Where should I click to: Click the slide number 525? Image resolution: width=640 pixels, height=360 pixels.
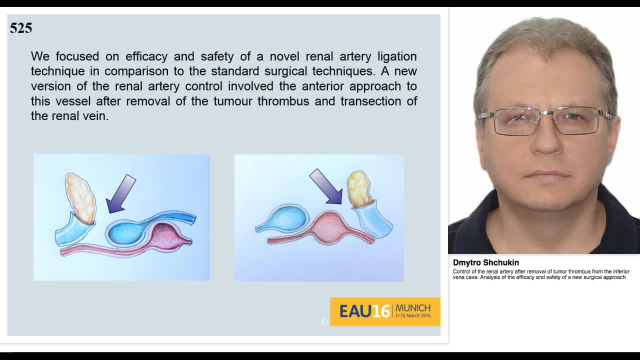pyautogui.click(x=21, y=28)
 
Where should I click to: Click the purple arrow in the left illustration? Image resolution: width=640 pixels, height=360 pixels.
pyautogui.click(x=121, y=193)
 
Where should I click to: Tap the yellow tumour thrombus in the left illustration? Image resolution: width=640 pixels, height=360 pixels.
pyautogui.click(x=80, y=197)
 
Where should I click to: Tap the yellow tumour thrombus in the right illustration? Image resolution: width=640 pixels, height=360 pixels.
pyautogui.click(x=359, y=189)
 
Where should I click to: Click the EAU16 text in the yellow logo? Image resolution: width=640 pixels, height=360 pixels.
pyautogui.click(x=364, y=311)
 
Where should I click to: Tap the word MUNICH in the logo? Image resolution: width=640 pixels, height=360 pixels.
pyautogui.click(x=413, y=307)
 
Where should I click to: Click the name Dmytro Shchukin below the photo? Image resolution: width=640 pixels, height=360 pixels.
pyautogui.click(x=485, y=262)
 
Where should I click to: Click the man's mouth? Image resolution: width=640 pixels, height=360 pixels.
pyautogui.click(x=548, y=174)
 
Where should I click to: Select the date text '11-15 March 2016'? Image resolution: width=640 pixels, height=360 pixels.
pyautogui.click(x=413, y=316)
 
